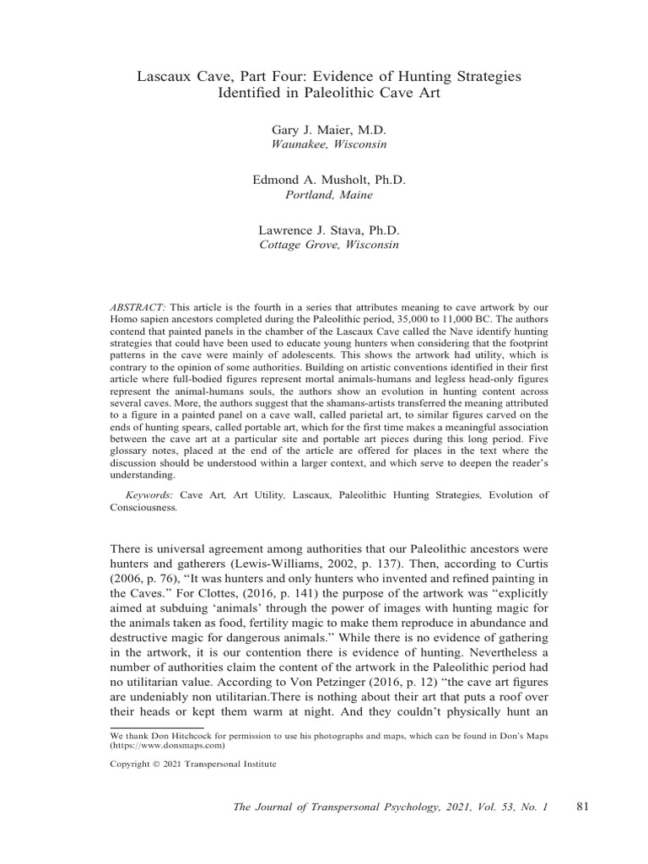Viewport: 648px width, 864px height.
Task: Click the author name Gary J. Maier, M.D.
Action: [329, 131]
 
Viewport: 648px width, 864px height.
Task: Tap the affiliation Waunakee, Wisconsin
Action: [329, 144]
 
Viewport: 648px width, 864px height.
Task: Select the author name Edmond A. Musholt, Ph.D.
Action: [329, 181]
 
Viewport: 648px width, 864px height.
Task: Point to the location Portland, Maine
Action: [329, 195]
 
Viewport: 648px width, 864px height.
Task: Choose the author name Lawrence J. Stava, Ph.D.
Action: [329, 230]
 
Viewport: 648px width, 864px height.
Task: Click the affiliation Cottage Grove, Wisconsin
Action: [329, 245]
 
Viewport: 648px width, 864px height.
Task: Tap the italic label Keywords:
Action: [149, 494]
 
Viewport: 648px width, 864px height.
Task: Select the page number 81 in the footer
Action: [582, 807]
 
